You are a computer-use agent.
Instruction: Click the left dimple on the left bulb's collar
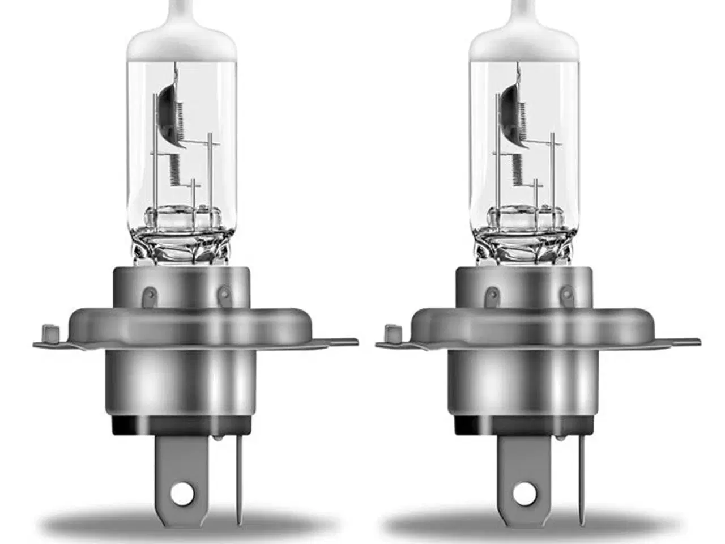point(151,294)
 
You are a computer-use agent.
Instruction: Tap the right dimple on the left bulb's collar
point(225,294)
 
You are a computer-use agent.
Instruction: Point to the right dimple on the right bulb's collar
point(567,294)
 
